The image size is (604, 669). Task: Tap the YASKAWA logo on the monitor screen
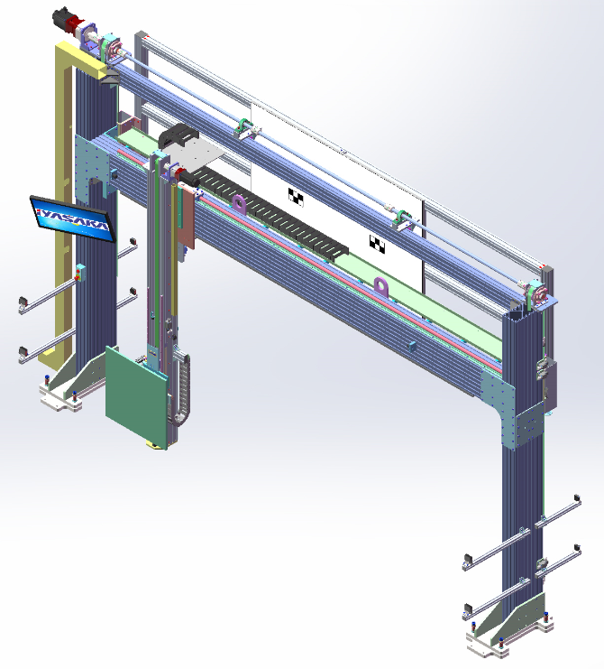pyautogui.click(x=73, y=218)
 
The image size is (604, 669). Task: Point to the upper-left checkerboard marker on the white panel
pyautogui.click(x=296, y=197)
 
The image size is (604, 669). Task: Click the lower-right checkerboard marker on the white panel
pyautogui.click(x=377, y=244)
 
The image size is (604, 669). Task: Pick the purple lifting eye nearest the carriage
pyautogui.click(x=240, y=204)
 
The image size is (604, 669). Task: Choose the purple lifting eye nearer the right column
pyautogui.click(x=381, y=287)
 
